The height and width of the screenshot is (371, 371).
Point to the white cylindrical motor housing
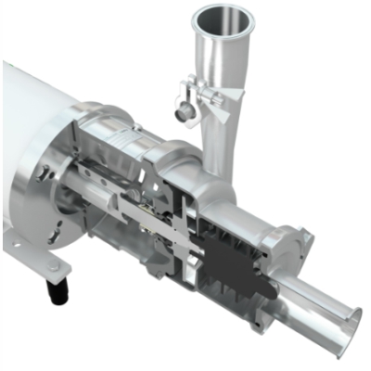click(x=32, y=139)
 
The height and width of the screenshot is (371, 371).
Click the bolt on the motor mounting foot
click(x=54, y=266)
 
